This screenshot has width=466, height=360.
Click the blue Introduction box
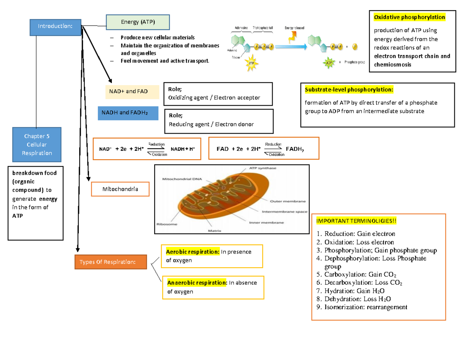click(x=56, y=26)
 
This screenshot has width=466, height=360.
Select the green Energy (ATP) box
click(x=137, y=23)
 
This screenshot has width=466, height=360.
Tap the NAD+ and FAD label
click(x=132, y=92)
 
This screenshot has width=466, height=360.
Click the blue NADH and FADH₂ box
click(x=127, y=113)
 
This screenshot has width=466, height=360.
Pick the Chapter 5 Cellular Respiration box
click(x=37, y=144)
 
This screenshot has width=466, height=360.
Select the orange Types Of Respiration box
click(x=111, y=262)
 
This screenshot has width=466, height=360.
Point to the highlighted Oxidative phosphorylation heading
click(x=409, y=17)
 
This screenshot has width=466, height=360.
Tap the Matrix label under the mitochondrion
click(x=214, y=230)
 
